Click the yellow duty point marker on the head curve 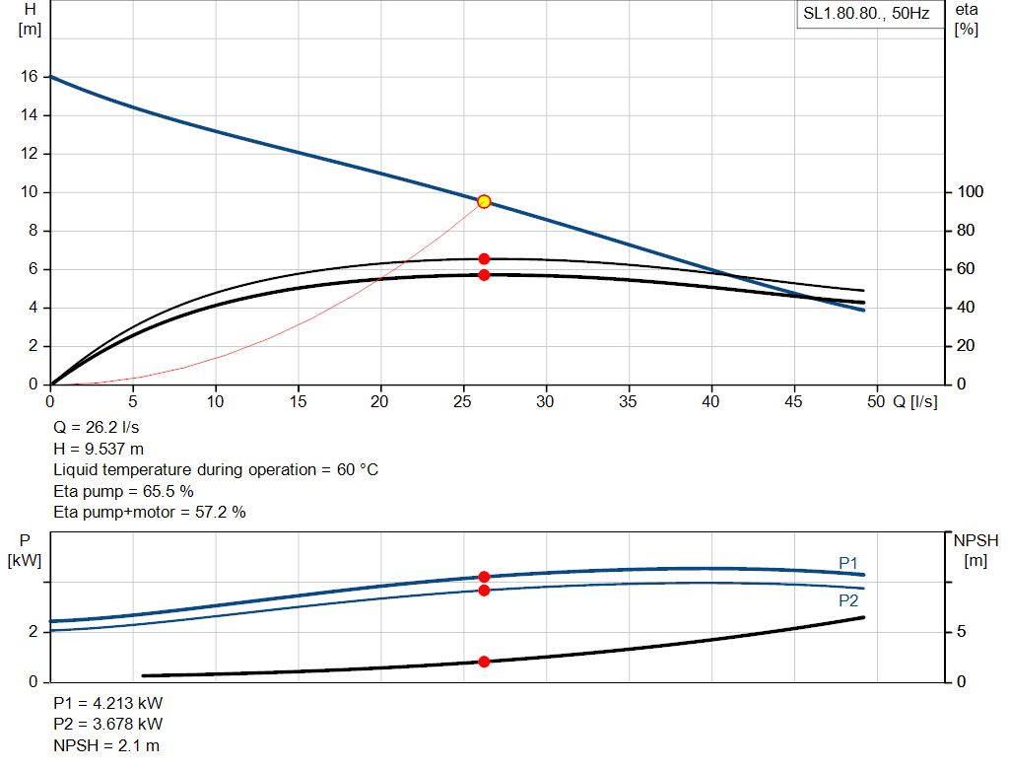tap(484, 201)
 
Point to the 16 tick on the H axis tap(30, 77)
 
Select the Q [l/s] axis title tap(915, 401)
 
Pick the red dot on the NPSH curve tap(484, 662)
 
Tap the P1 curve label tap(848, 563)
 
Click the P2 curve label tap(848, 600)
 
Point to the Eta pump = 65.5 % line tap(123, 491)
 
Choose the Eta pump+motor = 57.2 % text tap(149, 512)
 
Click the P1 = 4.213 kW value tap(108, 704)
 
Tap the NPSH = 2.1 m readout tap(106, 745)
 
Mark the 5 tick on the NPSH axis tap(963, 632)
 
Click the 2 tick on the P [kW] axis tap(34, 632)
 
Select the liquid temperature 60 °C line tap(216, 470)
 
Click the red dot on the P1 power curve tap(484, 577)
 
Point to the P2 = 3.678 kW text tap(108, 725)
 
